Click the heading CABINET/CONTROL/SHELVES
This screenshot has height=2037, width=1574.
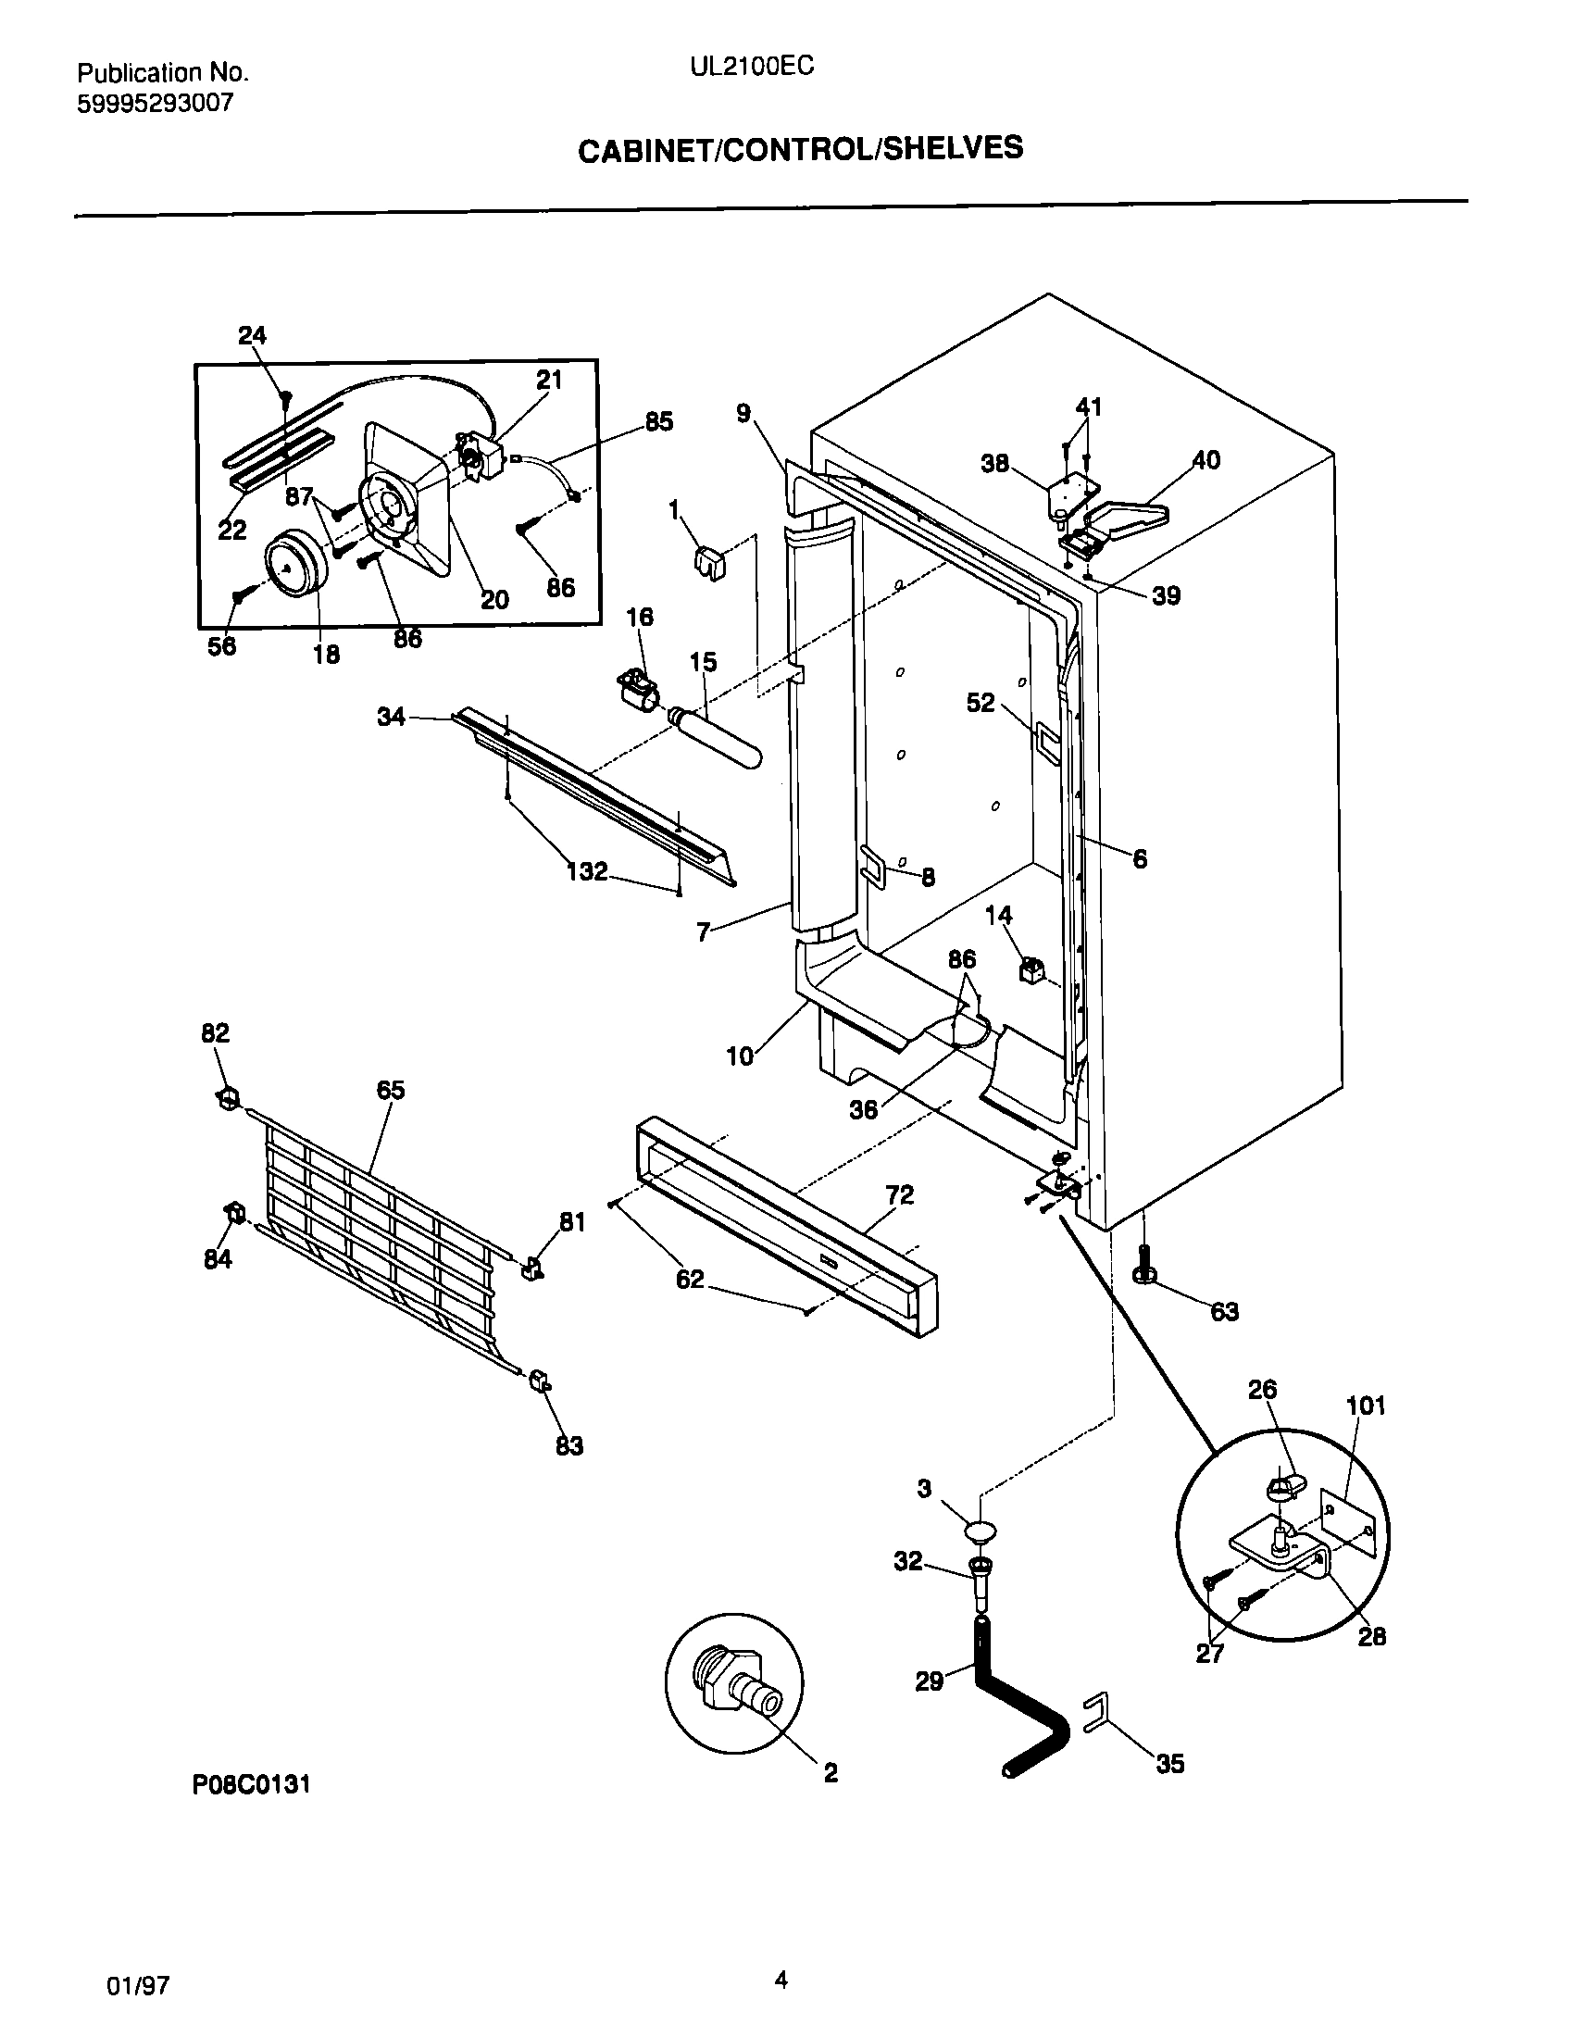click(x=800, y=148)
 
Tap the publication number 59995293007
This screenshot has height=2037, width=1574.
click(x=154, y=103)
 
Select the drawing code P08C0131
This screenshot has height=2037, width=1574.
click(x=251, y=1784)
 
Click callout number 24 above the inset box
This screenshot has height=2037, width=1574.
click(x=252, y=336)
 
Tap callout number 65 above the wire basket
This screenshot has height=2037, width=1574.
click(x=390, y=1090)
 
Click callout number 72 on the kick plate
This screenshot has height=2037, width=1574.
click(x=899, y=1193)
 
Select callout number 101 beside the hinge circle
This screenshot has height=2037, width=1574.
click(x=1366, y=1406)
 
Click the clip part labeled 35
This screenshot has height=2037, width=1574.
click(x=1096, y=1714)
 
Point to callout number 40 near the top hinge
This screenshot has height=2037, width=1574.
click(x=1205, y=460)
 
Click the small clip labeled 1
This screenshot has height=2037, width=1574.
click(x=711, y=562)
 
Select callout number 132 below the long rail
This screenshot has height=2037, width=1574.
click(x=586, y=871)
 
